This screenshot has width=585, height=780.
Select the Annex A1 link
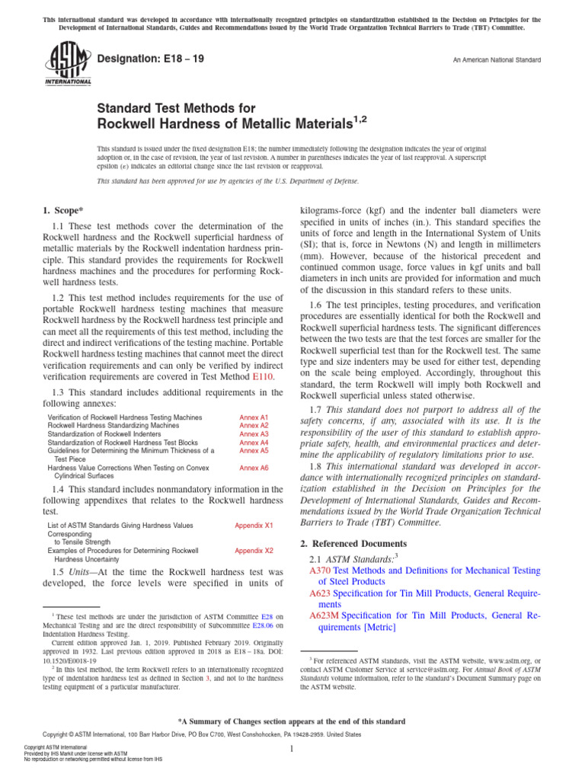[254, 418]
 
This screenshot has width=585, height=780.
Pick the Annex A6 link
[254, 468]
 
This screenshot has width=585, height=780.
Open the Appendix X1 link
[254, 526]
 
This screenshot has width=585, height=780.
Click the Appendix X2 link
[254, 550]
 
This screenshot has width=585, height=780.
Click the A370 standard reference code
[320, 570]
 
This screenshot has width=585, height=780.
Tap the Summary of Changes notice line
[292, 721]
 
